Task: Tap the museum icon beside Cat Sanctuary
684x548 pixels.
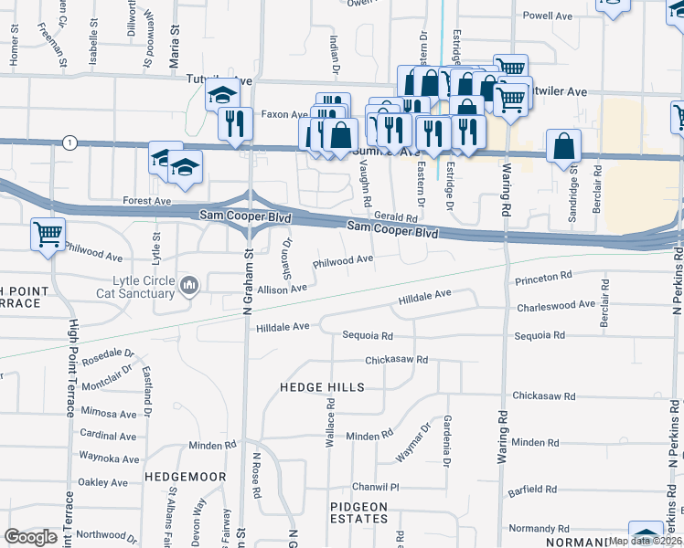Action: [189, 287]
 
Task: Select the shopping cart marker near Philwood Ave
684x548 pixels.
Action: [47, 233]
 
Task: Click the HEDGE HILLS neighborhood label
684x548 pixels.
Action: [322, 387]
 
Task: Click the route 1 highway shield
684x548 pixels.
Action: [69, 142]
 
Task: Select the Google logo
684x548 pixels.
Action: [31, 536]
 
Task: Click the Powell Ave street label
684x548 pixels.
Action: [547, 16]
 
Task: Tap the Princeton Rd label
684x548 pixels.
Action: [543, 275]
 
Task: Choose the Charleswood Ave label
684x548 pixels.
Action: [556, 305]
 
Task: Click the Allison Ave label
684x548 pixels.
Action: [282, 289]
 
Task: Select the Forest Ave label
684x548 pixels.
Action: [147, 200]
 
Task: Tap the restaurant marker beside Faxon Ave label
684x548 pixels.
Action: [236, 122]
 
